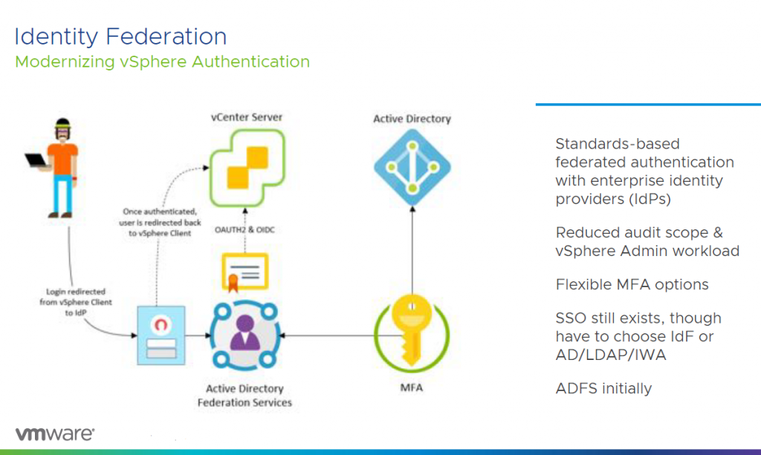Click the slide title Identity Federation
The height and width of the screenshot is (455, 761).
click(120, 36)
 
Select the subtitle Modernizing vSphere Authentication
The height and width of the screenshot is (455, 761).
click(162, 62)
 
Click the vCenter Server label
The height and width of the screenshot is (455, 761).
click(246, 117)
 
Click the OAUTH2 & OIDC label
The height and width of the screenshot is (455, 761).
click(245, 230)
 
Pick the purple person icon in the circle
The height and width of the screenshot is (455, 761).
click(245, 337)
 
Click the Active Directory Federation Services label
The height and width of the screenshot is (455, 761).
click(245, 396)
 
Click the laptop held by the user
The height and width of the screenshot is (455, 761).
click(37, 160)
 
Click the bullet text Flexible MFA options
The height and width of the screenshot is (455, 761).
click(632, 285)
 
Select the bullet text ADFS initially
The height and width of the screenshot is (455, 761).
click(603, 388)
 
